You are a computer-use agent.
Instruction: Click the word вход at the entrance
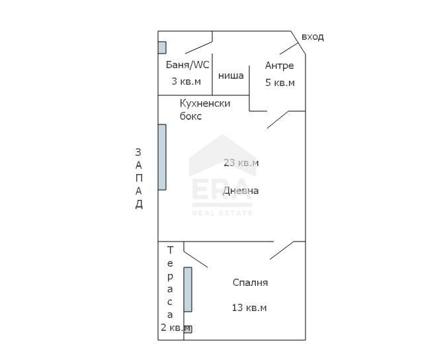[x=312, y=36]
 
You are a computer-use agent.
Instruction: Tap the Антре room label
[x=279, y=66]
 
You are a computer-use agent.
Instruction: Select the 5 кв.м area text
[x=280, y=83]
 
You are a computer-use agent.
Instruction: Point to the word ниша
[x=231, y=75]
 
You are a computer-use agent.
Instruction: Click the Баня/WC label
[x=187, y=65]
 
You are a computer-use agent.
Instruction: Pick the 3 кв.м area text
[x=186, y=81]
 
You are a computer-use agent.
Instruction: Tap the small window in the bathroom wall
[x=162, y=48]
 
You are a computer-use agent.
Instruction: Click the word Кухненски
[x=205, y=103]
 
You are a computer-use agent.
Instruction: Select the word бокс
[x=191, y=116]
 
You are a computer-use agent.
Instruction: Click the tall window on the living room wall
[x=162, y=157]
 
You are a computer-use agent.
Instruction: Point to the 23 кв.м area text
[x=241, y=163]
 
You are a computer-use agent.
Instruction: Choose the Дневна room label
[x=241, y=191]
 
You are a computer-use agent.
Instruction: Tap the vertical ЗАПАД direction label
[x=139, y=178]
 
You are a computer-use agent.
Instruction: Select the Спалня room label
[x=250, y=283]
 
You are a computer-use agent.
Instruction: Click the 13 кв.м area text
[x=249, y=308]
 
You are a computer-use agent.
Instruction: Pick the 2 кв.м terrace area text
[x=175, y=328]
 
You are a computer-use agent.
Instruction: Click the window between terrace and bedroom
[x=188, y=289]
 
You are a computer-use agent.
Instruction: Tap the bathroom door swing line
[x=198, y=45]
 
